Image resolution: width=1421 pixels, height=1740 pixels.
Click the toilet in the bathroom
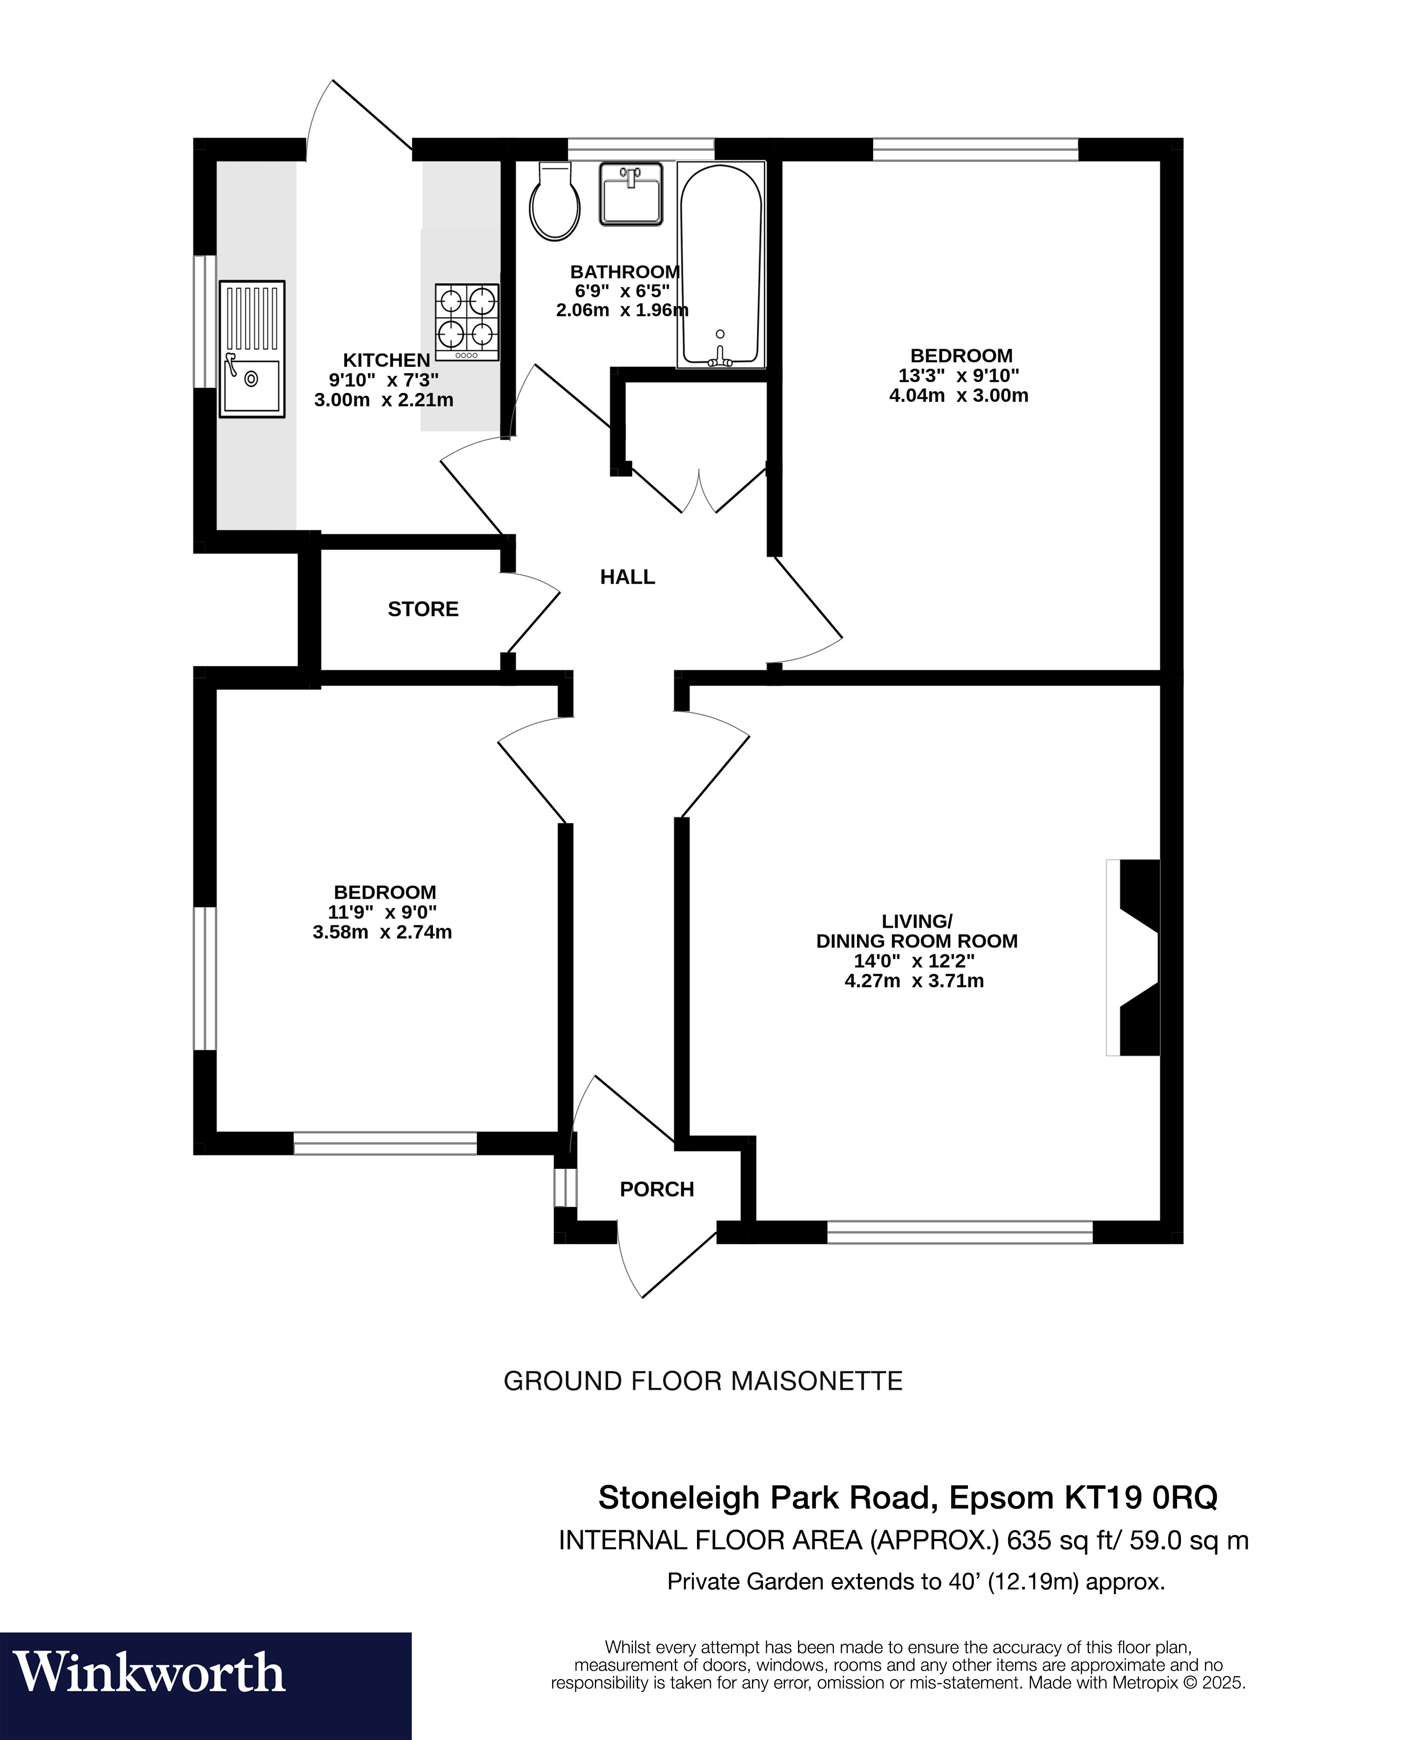coord(556,200)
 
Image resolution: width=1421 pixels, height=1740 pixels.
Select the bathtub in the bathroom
coord(721,265)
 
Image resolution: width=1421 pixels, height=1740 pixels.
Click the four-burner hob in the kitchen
coord(467,322)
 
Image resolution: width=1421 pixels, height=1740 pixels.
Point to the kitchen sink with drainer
coord(252,349)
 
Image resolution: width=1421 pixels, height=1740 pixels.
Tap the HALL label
coord(628,577)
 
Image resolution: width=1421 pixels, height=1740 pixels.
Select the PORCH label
coord(656,1189)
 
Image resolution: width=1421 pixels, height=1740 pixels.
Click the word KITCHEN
coord(386,360)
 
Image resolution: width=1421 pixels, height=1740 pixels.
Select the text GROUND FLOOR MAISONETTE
coord(702,1381)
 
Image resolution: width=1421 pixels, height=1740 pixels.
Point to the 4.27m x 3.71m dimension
coord(914,981)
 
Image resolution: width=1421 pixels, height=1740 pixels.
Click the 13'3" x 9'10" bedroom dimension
coord(959,376)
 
